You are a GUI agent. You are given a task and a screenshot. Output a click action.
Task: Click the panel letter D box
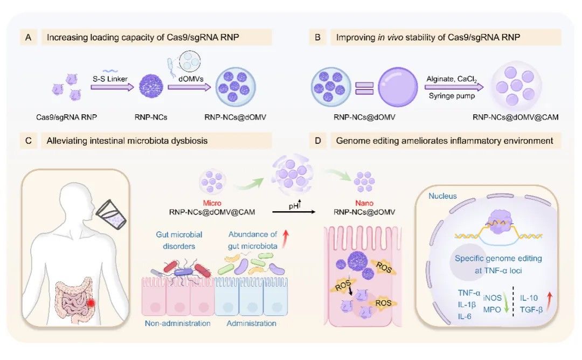point(318,142)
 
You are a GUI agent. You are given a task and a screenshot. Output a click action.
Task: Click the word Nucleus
point(443,196)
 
